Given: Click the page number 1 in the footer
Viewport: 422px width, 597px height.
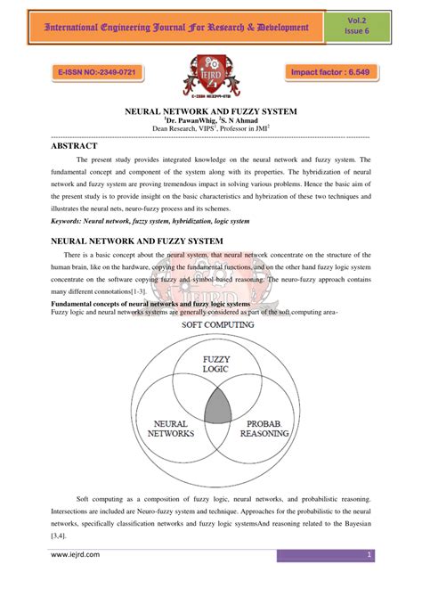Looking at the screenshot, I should (369, 555).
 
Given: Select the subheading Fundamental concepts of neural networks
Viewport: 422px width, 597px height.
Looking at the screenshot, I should (125, 304).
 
